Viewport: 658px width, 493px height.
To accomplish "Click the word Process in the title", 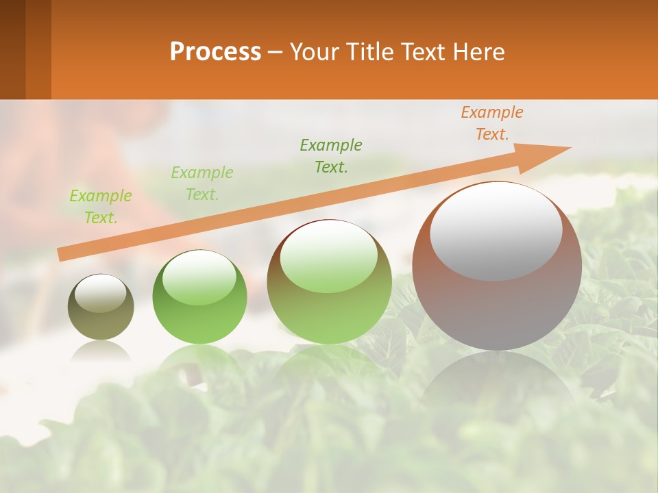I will [215, 52].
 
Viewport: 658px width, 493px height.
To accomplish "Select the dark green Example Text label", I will [331, 156].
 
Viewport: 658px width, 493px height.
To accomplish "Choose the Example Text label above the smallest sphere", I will [101, 207].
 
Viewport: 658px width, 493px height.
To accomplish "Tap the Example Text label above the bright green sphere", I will [202, 184].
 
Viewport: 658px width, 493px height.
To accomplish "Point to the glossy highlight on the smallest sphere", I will [101, 293].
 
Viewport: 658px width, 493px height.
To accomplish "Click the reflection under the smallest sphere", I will [101, 351].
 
